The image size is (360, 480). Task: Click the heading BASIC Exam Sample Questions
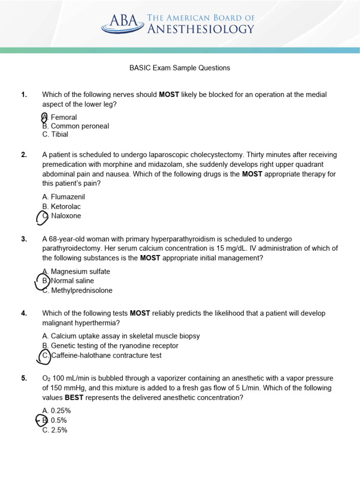tap(180, 68)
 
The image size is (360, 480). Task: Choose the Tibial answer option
tap(55, 135)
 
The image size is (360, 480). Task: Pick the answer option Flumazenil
tap(64, 197)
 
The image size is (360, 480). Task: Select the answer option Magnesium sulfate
tap(76, 271)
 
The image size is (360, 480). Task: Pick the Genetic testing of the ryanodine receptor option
tap(110, 346)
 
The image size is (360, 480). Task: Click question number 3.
tap(24, 239)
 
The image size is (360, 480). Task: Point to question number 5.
tap(24, 378)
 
